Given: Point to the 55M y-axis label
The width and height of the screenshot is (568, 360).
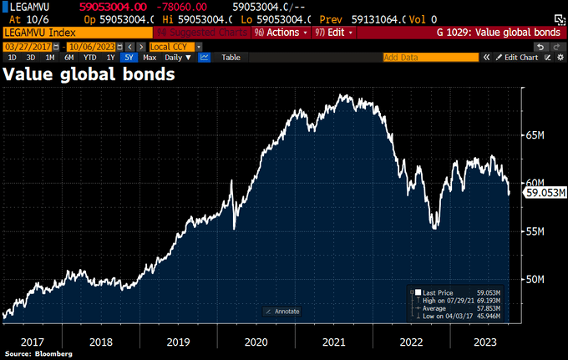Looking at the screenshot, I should coord(535,231).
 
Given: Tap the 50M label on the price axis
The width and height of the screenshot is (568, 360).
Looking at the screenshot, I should coord(535,279).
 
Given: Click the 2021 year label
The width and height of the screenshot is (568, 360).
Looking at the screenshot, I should coord(333,342).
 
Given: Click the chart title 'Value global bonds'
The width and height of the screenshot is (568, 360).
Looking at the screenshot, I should coord(89,74).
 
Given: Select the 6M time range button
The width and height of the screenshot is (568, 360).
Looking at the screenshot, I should coord(69,58).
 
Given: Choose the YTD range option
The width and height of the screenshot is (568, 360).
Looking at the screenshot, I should coord(89,58).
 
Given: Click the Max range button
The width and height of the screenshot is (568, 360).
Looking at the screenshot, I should coord(150,58).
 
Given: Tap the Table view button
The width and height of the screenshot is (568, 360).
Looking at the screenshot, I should coord(231,58).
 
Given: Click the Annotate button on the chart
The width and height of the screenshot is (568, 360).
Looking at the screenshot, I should coord(281,312).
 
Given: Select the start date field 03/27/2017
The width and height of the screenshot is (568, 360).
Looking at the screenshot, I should coord(23,46).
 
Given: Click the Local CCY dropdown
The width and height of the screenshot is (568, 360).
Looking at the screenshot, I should coord(170,46).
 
